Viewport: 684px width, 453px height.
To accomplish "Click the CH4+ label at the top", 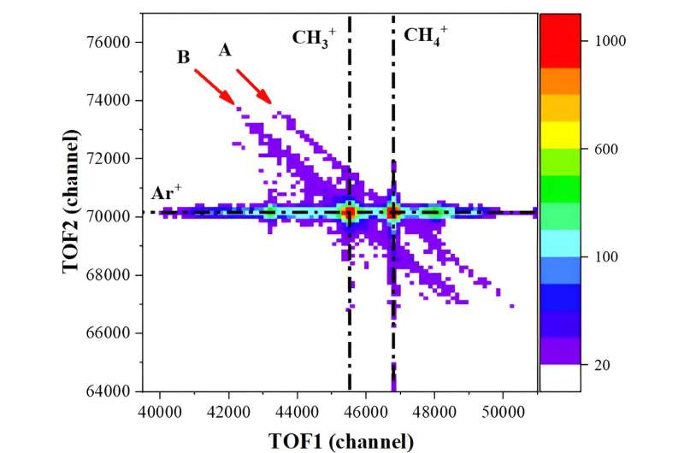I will click(x=425, y=36).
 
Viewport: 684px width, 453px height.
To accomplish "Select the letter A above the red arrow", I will click(x=225, y=50).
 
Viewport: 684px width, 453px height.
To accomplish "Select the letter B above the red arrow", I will click(x=183, y=58).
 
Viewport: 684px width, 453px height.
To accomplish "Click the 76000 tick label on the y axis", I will click(x=107, y=42).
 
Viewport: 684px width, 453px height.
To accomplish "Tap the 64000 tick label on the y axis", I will click(x=107, y=391).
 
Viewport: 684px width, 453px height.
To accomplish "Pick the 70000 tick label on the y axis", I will click(x=107, y=216).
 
